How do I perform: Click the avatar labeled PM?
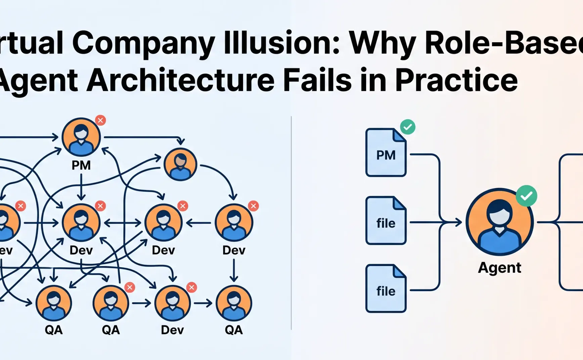click(x=81, y=137)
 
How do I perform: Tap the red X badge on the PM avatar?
click(x=100, y=120)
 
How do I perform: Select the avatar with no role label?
click(x=180, y=165)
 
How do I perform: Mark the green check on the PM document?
click(x=408, y=127)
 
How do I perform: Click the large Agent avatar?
click(x=499, y=222)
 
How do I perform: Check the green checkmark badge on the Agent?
click(x=526, y=196)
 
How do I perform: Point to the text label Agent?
click(x=499, y=268)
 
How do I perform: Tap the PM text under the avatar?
click(x=81, y=165)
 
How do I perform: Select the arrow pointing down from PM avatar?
click(x=81, y=188)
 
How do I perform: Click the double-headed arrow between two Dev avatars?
click(x=123, y=223)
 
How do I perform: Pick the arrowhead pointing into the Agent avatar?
click(x=458, y=222)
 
